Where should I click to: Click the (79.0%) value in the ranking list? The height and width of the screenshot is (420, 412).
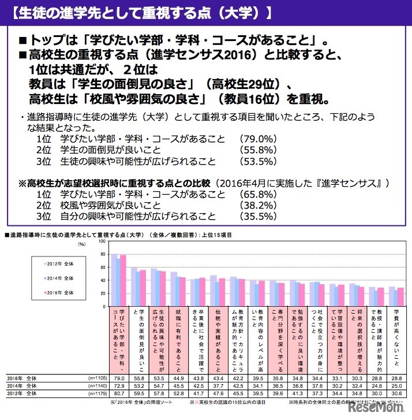(255, 139)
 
